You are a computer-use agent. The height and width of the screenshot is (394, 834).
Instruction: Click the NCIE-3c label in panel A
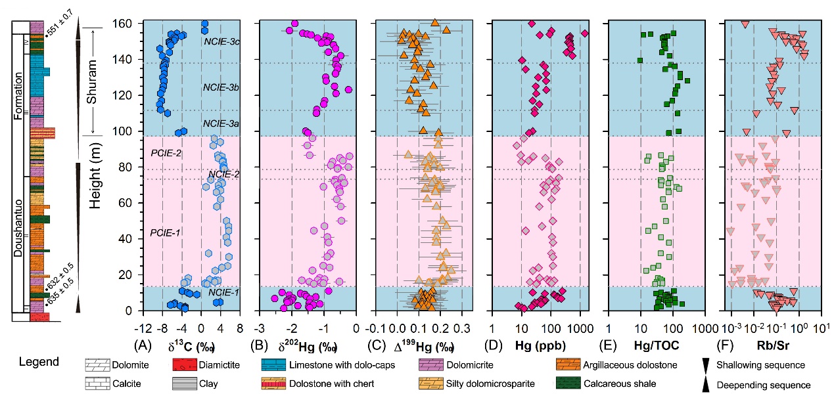click(x=221, y=41)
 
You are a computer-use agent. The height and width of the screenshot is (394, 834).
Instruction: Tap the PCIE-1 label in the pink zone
click(x=166, y=232)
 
